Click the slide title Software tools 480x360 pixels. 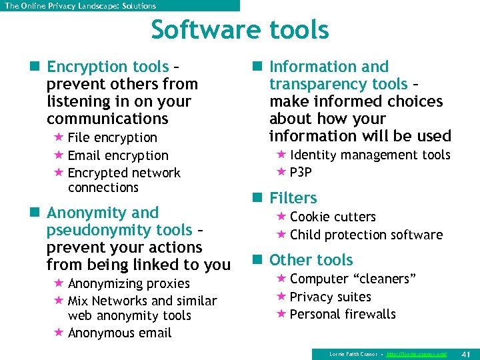coord(240,31)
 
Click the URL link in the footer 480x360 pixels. coord(417,353)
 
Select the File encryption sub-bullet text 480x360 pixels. coord(112,138)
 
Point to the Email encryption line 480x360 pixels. coord(118,155)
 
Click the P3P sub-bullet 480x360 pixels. coord(301,173)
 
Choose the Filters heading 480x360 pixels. coord(293,198)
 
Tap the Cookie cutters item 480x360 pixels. coord(333,217)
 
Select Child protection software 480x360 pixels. coord(366,235)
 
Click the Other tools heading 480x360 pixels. coord(311,260)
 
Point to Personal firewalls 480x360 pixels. coord(343,314)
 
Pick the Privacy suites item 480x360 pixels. coord(331,297)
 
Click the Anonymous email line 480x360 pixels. coord(119,333)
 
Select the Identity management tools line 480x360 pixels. coord(370,155)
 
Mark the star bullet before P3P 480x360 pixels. coord(281,173)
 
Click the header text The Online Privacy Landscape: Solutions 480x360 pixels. coord(80,6)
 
